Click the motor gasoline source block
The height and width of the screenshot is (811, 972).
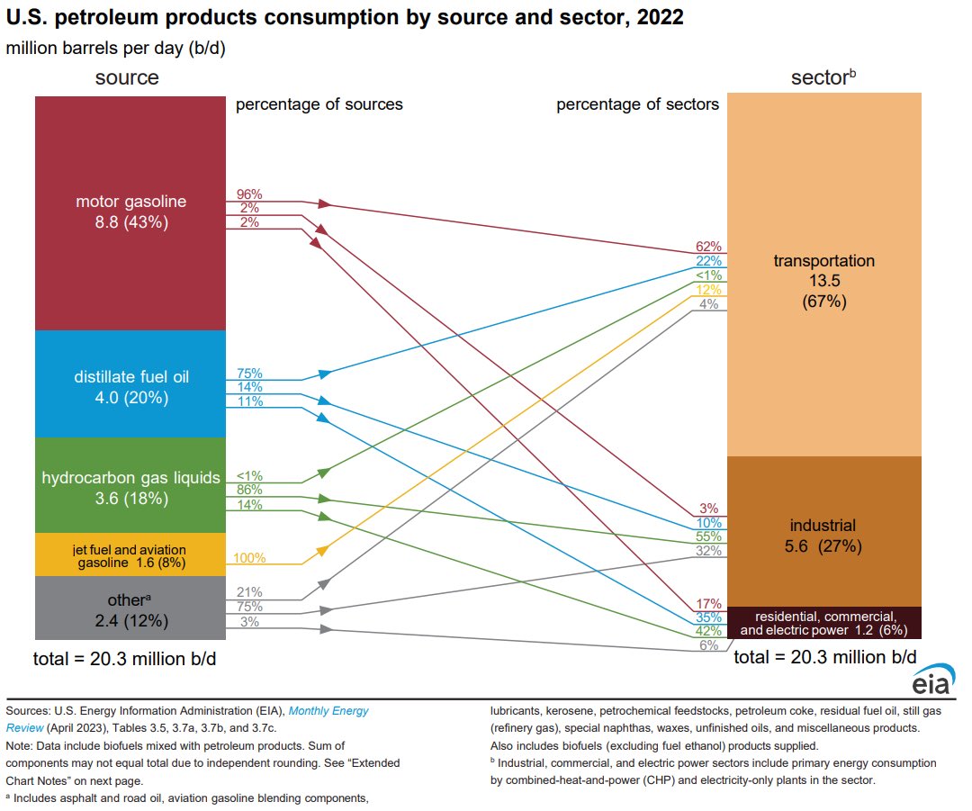tap(130, 212)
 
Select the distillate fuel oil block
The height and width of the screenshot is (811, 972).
tap(130, 384)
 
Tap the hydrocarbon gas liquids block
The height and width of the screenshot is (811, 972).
tap(130, 486)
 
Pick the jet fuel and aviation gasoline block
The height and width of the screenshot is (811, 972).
tap(130, 554)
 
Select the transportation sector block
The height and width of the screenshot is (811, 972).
tap(823, 279)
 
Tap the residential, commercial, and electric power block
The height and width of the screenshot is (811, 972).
tap(823, 623)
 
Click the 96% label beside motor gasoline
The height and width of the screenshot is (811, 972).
tap(248, 194)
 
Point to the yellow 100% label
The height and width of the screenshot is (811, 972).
tap(250, 558)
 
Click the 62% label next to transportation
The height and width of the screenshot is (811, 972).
tap(707, 247)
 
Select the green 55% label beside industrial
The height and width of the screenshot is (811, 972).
tap(707, 536)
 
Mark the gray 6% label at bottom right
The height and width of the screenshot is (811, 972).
tap(709, 645)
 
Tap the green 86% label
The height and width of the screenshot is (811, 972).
tap(249, 490)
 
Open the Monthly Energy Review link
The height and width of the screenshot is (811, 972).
tap(328, 711)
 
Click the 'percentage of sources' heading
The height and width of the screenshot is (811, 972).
tap(319, 104)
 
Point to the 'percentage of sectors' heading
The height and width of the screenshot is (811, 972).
tap(637, 104)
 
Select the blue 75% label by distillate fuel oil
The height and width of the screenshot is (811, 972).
tap(249, 374)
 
